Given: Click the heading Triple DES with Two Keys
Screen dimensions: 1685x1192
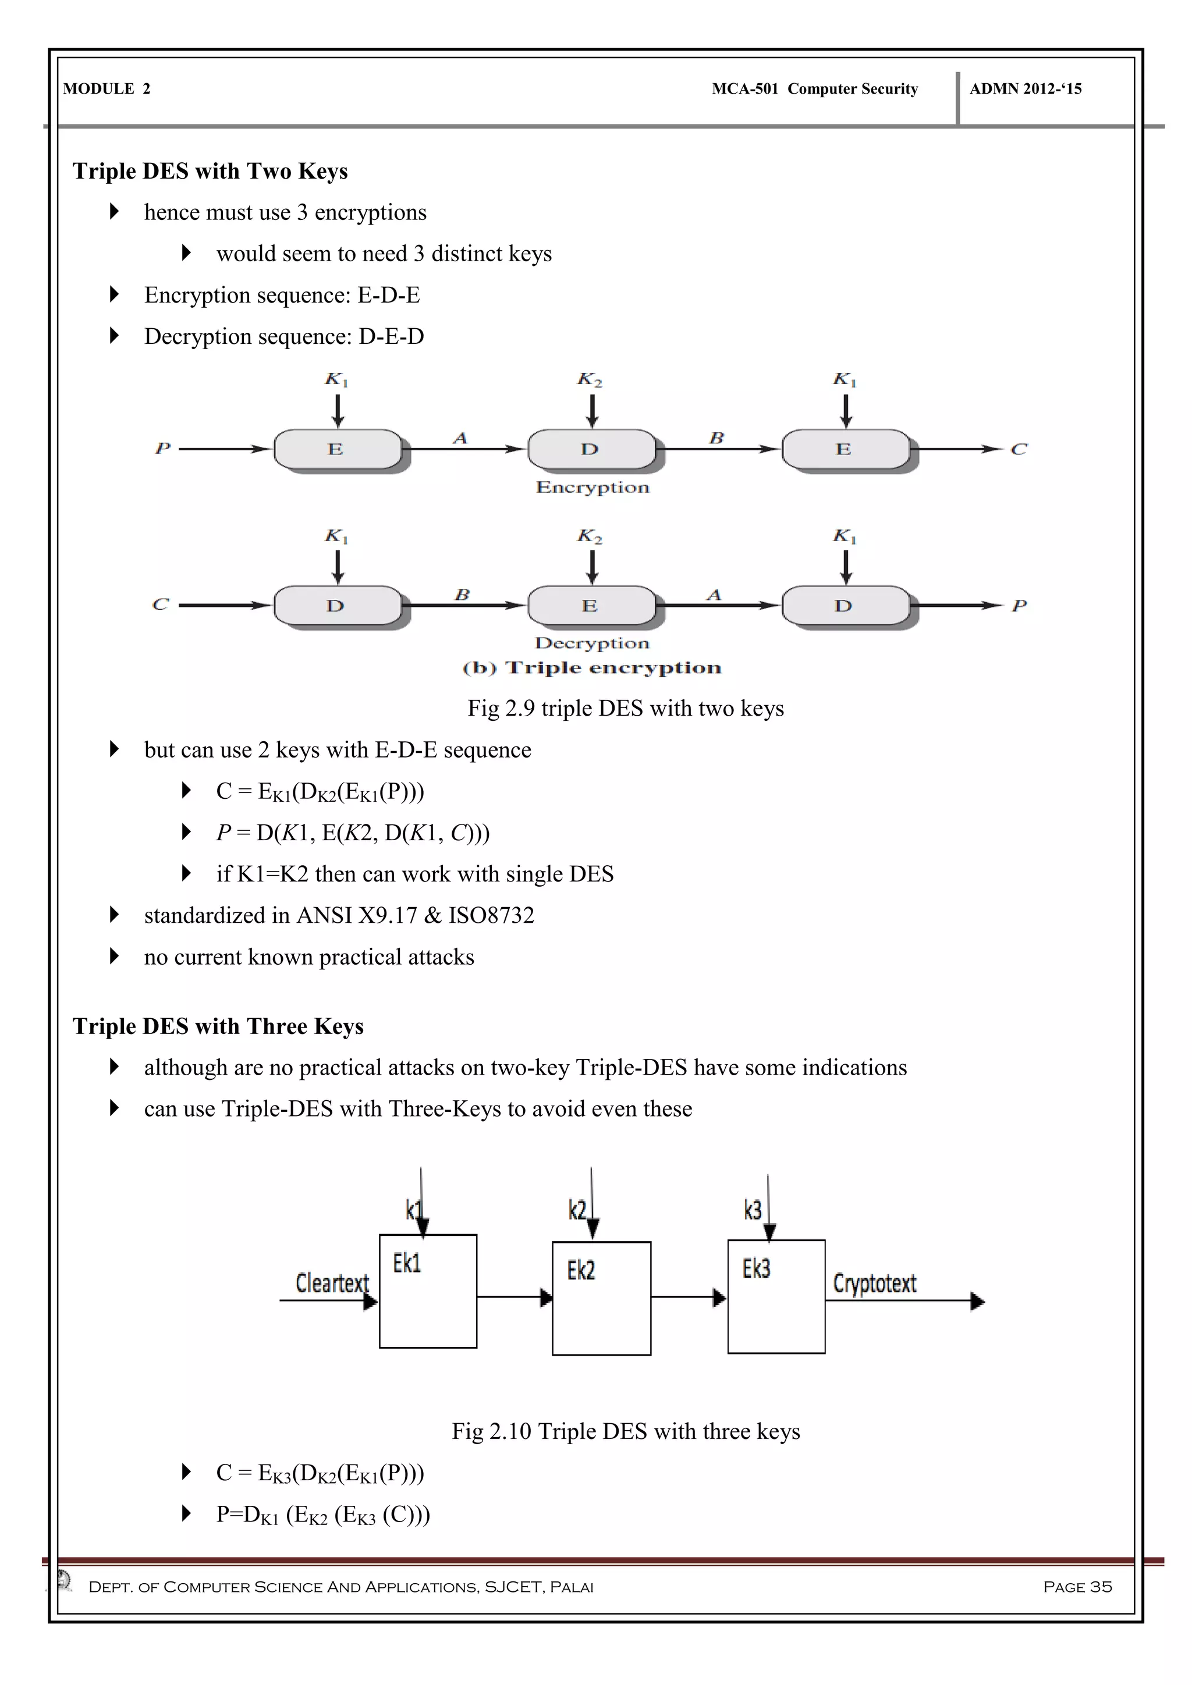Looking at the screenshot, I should (210, 171).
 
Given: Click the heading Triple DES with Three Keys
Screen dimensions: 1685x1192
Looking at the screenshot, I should (218, 1026).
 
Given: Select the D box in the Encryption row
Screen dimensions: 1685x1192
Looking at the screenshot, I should (590, 449).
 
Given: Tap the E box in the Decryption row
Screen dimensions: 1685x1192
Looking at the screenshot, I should (590, 606).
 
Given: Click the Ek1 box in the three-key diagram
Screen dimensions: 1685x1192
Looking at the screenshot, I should (428, 1291).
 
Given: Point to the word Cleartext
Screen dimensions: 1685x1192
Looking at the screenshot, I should (332, 1283).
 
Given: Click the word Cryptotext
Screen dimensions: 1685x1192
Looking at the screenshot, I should (874, 1283).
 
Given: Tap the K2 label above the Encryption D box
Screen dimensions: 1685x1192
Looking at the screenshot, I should (590, 380).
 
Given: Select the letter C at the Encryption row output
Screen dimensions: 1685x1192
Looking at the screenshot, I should (1019, 449).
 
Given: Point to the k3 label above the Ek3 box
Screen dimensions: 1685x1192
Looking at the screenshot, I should (753, 1210).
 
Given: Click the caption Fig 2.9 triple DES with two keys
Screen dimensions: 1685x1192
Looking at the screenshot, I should (625, 708).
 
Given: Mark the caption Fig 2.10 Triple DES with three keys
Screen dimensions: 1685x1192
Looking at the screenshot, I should (625, 1431).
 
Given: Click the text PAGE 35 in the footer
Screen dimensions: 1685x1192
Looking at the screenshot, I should (1077, 1587).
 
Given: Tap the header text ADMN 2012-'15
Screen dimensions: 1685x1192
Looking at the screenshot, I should (1026, 89).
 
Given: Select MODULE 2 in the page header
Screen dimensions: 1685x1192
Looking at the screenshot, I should (107, 89).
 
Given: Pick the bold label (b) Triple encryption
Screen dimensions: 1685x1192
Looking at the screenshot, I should (591, 668).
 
